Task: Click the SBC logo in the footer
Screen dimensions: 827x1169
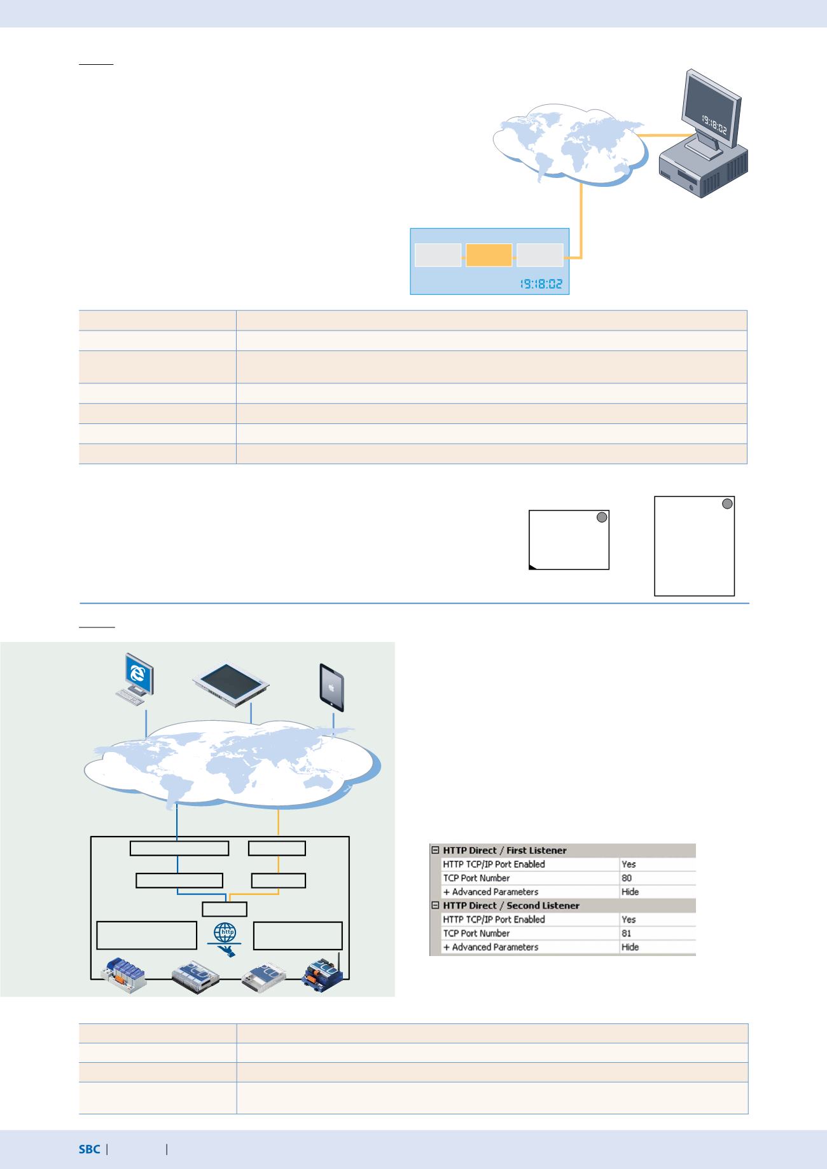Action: pyautogui.click(x=89, y=1149)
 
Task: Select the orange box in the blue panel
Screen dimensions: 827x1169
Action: pyautogui.click(x=489, y=256)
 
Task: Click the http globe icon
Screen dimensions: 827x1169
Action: pyautogui.click(x=224, y=933)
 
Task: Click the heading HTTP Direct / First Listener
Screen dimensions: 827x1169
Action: pyautogui.click(x=504, y=850)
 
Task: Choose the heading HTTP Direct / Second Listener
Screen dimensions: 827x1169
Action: pyautogui.click(x=511, y=905)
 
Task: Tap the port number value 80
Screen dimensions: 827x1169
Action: pyautogui.click(x=627, y=878)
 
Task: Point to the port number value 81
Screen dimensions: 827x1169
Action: pyautogui.click(x=627, y=933)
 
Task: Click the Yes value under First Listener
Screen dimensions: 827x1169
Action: pyautogui.click(x=629, y=864)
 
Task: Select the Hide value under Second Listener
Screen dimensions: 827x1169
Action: pyautogui.click(x=630, y=947)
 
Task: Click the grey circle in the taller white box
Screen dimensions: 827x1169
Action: pyautogui.click(x=728, y=504)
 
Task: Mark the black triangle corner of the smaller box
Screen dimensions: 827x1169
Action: pyautogui.click(x=532, y=566)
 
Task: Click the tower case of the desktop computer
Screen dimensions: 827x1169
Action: pyautogui.click(x=704, y=168)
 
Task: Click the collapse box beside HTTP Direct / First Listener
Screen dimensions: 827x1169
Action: pyautogui.click(x=436, y=850)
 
